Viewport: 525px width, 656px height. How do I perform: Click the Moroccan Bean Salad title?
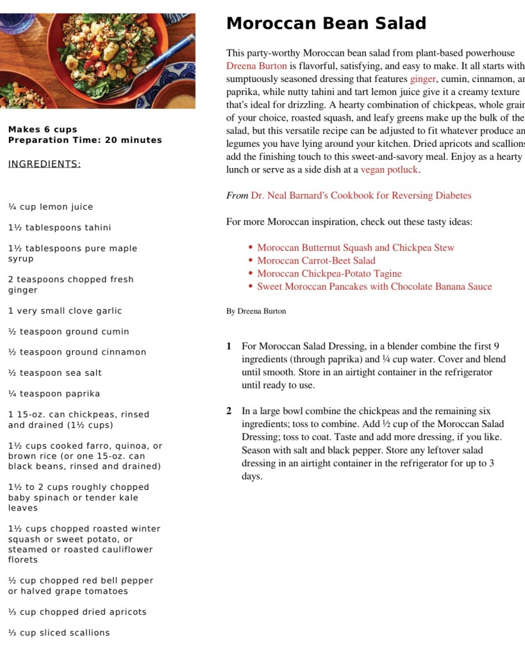point(326,24)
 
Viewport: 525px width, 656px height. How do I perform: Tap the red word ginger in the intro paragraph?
point(422,79)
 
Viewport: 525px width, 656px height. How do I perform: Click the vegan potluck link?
point(389,170)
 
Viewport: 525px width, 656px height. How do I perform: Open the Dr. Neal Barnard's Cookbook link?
point(361,196)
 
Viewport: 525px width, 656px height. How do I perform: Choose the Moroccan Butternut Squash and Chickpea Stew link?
point(355,248)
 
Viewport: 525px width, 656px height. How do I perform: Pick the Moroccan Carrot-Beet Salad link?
point(316,260)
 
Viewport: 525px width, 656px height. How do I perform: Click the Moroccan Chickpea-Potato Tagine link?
point(329,274)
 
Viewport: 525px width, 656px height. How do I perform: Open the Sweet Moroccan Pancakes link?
point(374,287)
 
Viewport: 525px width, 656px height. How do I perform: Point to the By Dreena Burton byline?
point(256,312)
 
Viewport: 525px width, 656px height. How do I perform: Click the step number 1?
point(229,346)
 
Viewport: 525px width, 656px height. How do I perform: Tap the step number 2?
point(229,411)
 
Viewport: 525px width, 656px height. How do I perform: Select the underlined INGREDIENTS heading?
point(44,164)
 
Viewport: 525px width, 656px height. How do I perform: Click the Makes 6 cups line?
point(43,130)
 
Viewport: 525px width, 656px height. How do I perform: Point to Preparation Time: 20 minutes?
point(85,140)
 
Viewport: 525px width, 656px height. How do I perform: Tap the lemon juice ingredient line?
point(51,207)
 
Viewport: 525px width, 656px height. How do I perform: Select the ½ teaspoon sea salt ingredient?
point(54,373)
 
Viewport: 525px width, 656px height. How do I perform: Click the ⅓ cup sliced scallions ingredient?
point(59,633)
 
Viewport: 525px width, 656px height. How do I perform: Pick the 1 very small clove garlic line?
point(65,311)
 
